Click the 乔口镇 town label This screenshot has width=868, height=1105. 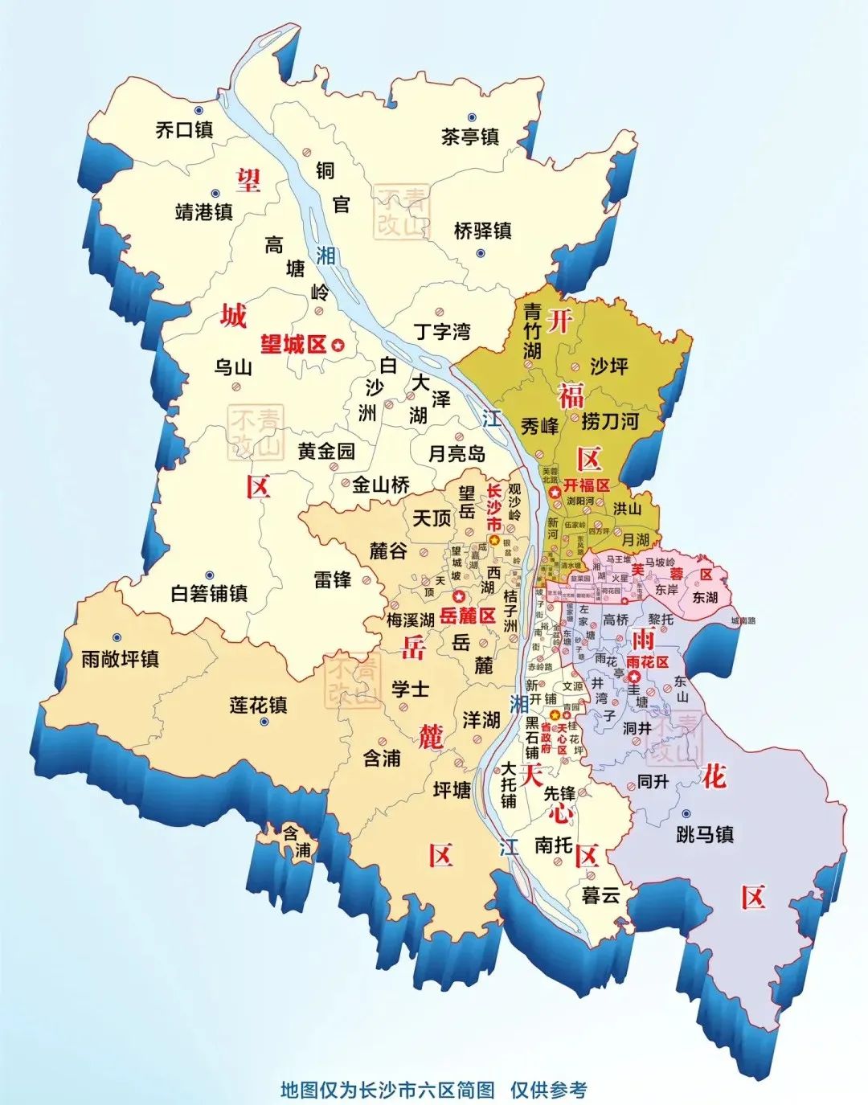pos(184,129)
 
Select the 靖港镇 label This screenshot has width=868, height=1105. pos(204,212)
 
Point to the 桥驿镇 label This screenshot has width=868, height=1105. pos(482,231)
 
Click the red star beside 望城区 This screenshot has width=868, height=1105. pos(338,345)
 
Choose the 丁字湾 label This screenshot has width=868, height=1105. pos(442,331)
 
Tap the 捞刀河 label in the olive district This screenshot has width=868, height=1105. pos(610,420)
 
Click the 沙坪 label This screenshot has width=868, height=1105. pos(608,366)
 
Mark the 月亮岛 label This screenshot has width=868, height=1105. pos(457,454)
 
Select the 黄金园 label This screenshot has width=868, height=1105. pos(326,452)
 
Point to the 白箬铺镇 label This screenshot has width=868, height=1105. pos(209,594)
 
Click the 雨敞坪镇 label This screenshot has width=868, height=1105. pos(121,660)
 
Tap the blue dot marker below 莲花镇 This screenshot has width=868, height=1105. pos(264,722)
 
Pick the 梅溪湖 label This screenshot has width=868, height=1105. pos(410,620)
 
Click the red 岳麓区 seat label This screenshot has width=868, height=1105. pos(468,616)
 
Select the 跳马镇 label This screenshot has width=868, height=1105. pos(705,835)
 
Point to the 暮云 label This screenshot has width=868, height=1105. pos(600,895)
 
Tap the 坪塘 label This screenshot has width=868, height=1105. pos(452,791)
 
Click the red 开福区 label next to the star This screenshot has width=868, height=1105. pos(586,486)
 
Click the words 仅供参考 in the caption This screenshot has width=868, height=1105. pos(548,1090)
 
